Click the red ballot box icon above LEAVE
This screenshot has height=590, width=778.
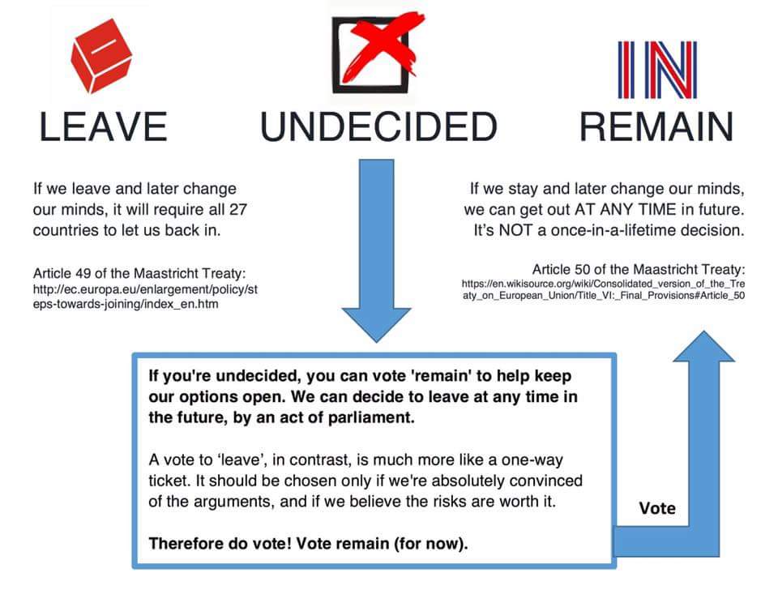pos(101,56)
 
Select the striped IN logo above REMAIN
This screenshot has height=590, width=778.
pos(657,70)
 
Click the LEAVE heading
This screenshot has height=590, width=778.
pos(103,126)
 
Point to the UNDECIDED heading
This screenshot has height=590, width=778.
pos(378,126)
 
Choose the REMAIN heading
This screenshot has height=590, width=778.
pos(656,126)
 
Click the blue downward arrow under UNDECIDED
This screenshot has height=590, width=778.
pos(376,250)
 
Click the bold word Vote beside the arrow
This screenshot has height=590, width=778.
pos(657,508)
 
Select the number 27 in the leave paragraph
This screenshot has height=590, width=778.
pos(237,209)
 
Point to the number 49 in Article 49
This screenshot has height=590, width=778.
pos(83,273)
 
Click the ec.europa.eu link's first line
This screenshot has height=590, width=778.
pos(145,289)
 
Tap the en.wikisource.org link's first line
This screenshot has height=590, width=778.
pos(603,284)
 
